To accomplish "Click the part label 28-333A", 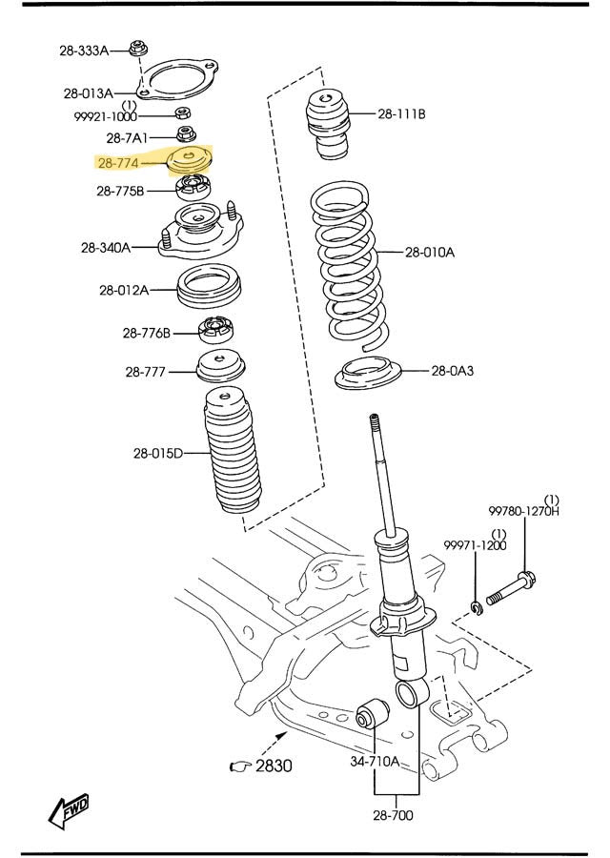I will [84, 49].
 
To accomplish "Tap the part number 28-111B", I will [401, 114].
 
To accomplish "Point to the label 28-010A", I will [430, 253].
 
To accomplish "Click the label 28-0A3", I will [452, 371].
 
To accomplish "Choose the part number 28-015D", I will [158, 453].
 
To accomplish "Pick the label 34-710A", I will [375, 761].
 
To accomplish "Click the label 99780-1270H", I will [524, 511].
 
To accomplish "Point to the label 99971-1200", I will [475, 545].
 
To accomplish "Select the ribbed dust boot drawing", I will [231, 453].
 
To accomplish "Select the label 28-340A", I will [106, 248].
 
